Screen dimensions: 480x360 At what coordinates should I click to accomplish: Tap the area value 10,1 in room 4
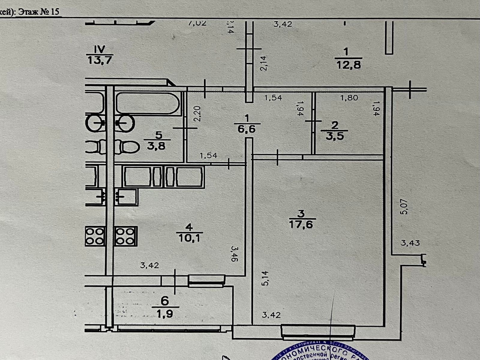pyautogui.click(x=190, y=238)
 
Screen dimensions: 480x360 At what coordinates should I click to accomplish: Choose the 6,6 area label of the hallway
pyautogui.click(x=246, y=129)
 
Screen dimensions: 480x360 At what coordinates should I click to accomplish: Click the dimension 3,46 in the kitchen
pyautogui.click(x=234, y=254)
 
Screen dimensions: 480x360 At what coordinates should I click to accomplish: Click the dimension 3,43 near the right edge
pyautogui.click(x=410, y=243)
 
